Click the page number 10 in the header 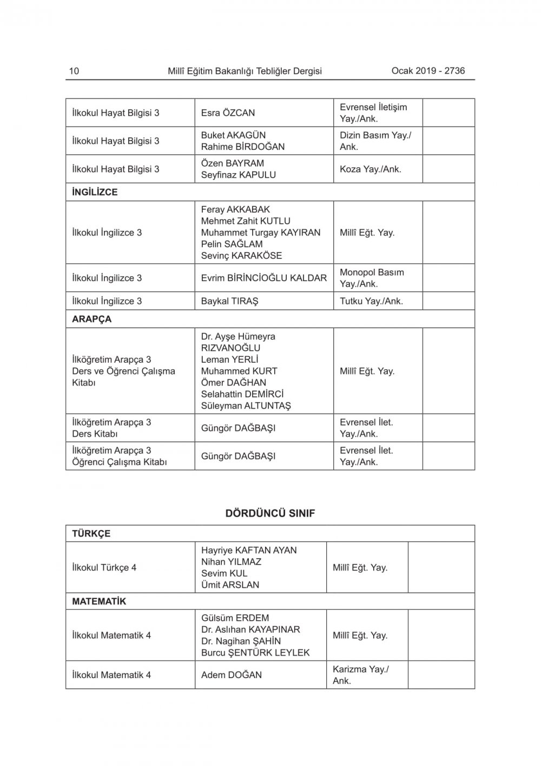point(74,71)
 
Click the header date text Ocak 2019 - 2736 point(428,71)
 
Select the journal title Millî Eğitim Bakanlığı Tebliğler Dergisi point(245,71)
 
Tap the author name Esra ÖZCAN point(228,113)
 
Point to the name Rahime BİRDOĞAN point(243,147)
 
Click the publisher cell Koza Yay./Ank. point(371,169)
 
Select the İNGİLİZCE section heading point(95,192)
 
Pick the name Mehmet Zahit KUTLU point(246,221)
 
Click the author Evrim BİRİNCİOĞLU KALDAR point(264,278)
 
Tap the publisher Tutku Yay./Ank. point(372,301)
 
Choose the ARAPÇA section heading point(92,319)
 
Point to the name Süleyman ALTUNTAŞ point(246,406)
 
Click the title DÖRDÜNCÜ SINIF point(270,513)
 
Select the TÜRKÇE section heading point(91,534)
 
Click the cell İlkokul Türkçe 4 point(104,568)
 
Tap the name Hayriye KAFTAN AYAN point(249,550)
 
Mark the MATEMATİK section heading point(99,601)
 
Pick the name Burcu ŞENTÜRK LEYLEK point(255,653)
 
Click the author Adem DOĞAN point(232,675)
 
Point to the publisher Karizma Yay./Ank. point(360,675)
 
